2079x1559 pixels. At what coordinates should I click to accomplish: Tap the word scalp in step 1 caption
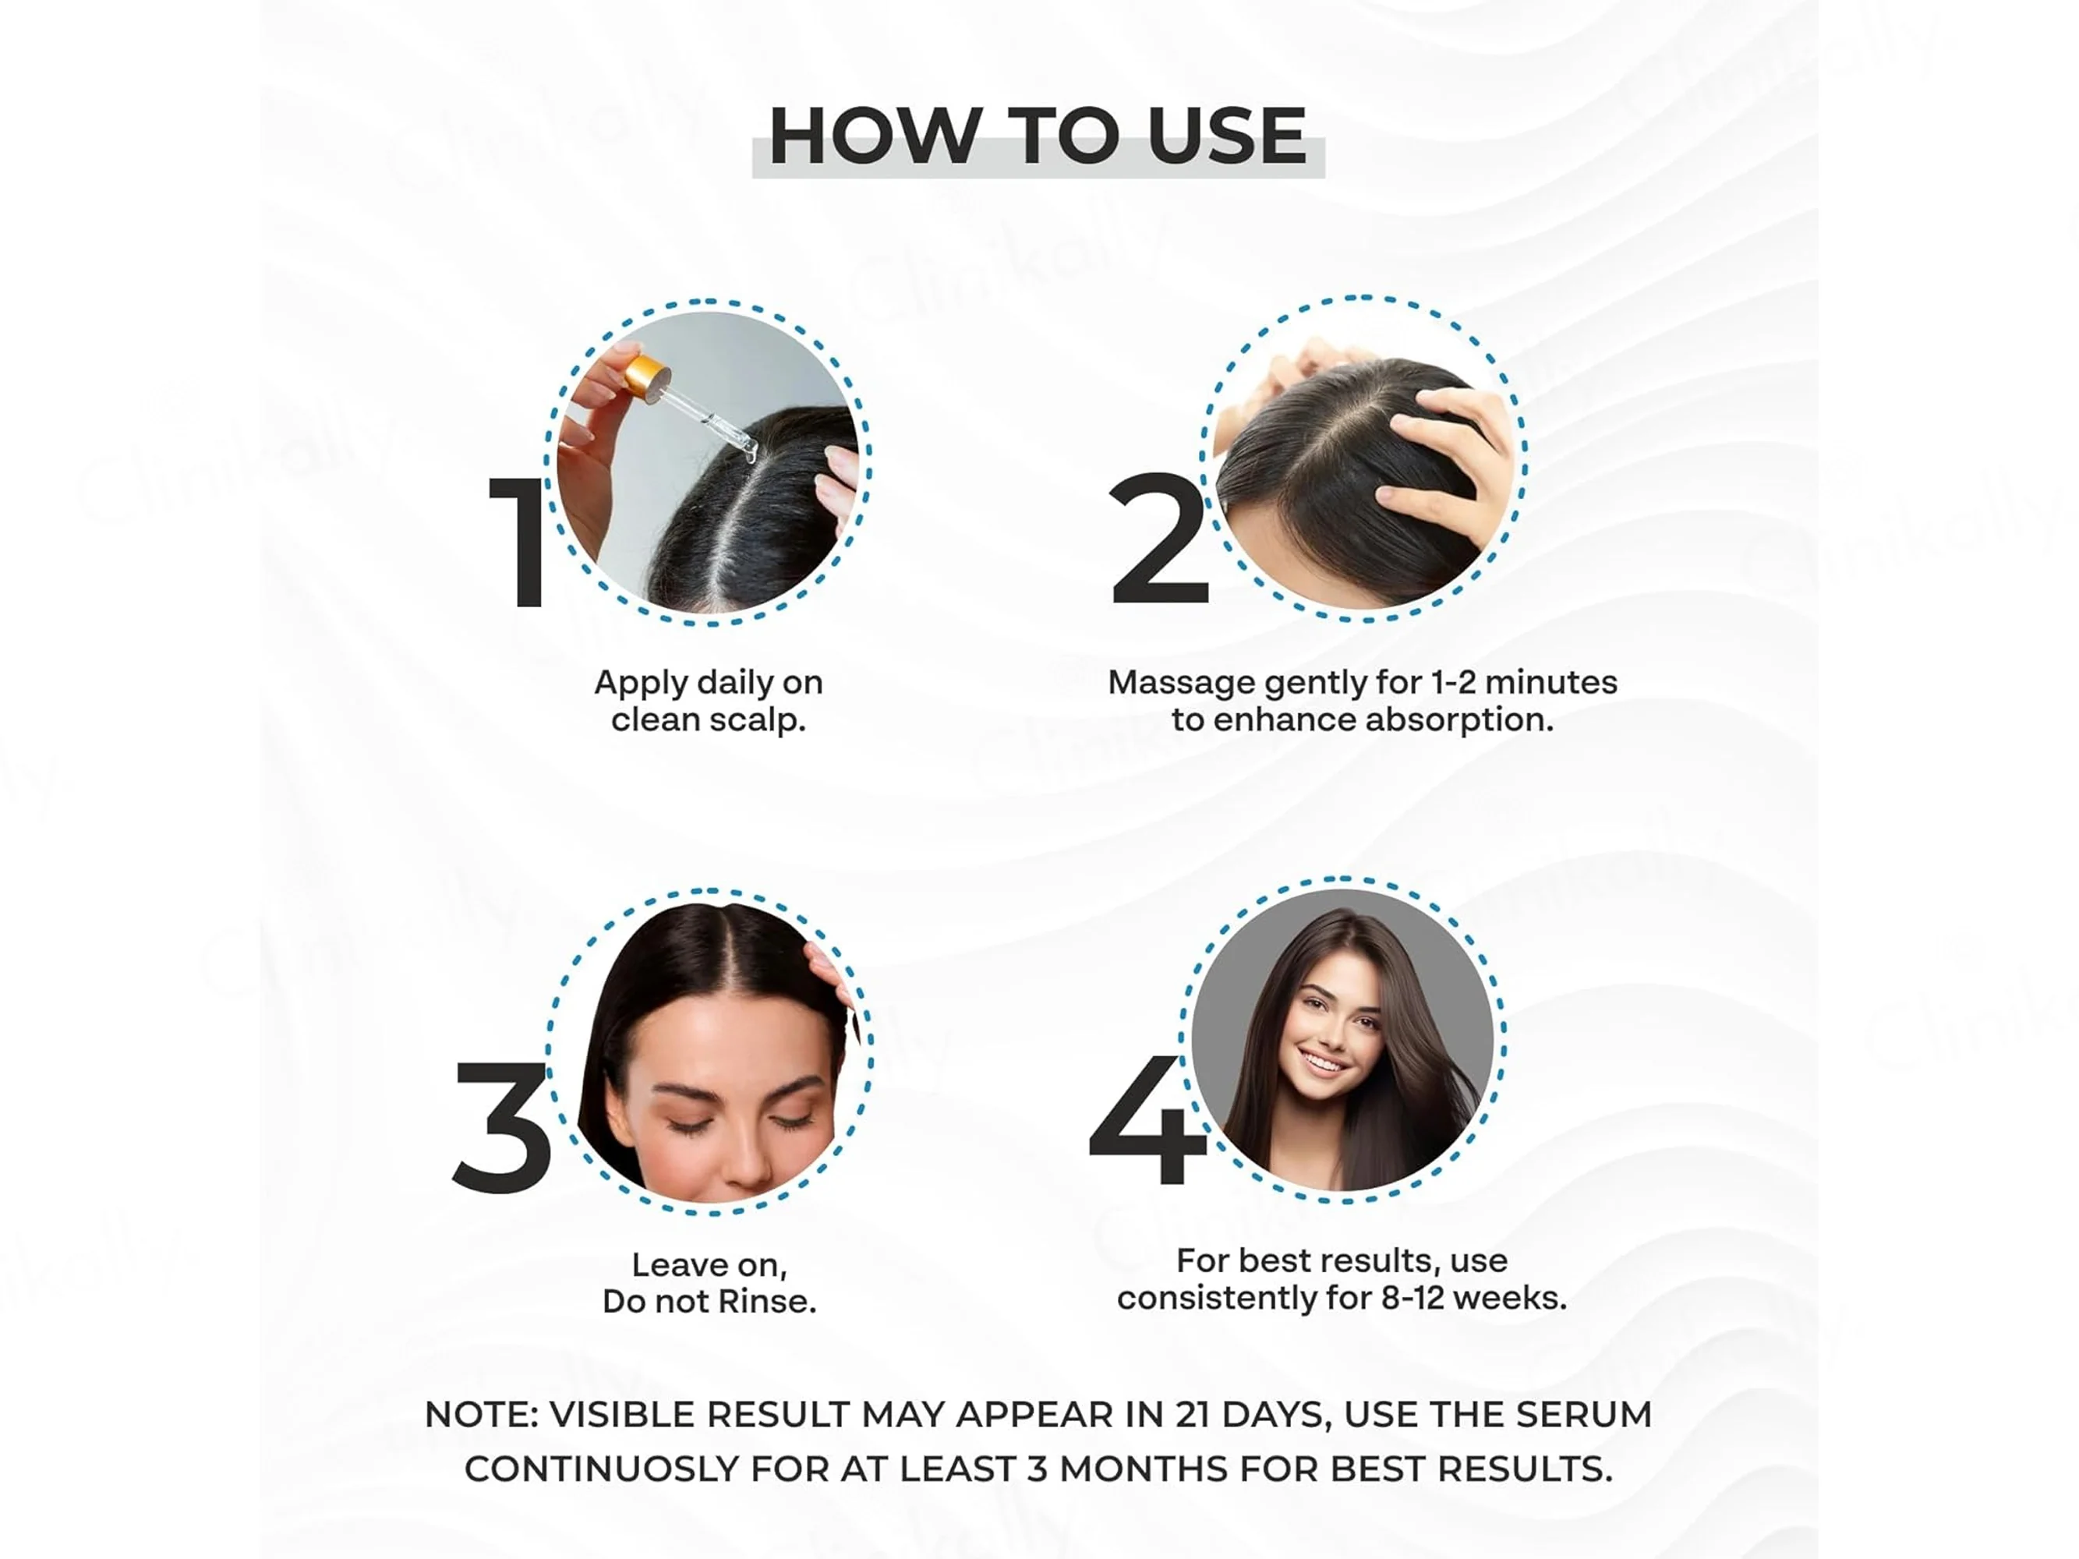pyautogui.click(x=757, y=721)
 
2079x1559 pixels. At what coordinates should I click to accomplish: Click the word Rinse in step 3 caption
pyautogui.click(x=767, y=1302)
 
